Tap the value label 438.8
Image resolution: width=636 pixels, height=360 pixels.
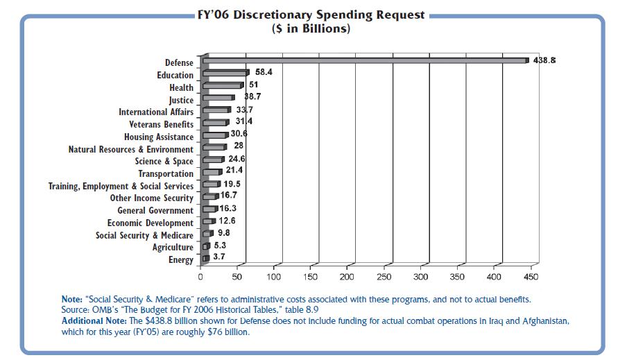544,61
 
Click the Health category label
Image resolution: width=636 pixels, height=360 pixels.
181,87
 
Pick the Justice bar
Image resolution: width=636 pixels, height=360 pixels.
218,98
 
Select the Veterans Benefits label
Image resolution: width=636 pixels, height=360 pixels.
161,124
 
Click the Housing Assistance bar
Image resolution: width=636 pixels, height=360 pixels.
214,135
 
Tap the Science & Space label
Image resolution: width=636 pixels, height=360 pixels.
164,162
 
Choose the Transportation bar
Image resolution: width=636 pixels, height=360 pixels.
211,172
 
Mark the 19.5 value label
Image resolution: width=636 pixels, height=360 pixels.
232,183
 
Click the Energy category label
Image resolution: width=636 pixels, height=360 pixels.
180,260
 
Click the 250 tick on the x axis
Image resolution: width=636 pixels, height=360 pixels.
384,277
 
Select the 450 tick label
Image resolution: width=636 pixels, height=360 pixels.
531,277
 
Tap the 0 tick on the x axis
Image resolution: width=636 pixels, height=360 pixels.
200,277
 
